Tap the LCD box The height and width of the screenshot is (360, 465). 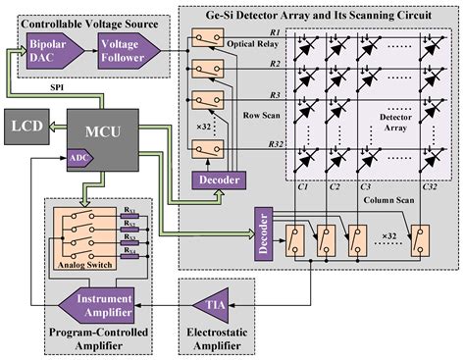[x=27, y=128]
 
